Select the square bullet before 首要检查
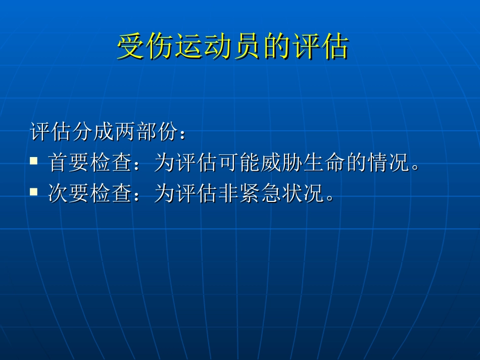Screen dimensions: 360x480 click(34, 161)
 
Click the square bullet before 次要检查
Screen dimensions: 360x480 click(34, 191)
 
